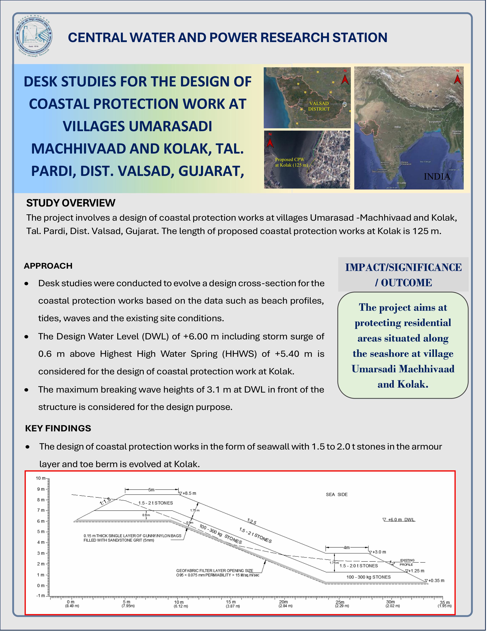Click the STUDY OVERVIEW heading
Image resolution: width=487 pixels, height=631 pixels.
pyautogui.click(x=71, y=203)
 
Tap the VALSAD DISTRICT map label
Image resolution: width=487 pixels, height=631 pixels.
pyautogui.click(x=319, y=106)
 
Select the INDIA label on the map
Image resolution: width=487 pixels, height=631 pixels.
pyautogui.click(x=437, y=176)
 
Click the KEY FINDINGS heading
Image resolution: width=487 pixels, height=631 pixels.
pyautogui.click(x=58, y=428)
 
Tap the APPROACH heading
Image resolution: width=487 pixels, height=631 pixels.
pyautogui.click(x=48, y=266)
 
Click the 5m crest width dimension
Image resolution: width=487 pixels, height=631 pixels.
pyautogui.click(x=151, y=490)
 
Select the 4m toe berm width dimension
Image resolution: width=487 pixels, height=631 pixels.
pyautogui.click(x=346, y=547)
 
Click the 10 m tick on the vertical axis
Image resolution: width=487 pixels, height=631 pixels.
pyautogui.click(x=40, y=478)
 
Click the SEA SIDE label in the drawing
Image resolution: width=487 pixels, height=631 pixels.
pyautogui.click(x=337, y=494)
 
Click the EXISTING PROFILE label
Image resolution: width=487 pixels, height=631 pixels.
pyautogui.click(x=407, y=562)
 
